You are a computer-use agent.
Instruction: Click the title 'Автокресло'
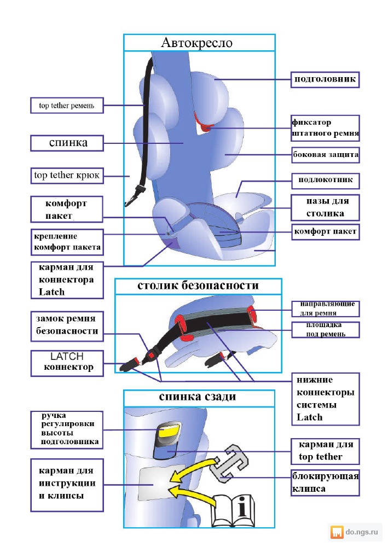[196, 43]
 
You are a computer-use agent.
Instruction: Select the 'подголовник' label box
[325, 79]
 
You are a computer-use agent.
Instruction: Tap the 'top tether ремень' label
[67, 106]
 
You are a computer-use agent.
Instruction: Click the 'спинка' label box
[67, 143]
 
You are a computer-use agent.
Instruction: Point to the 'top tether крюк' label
[67, 176]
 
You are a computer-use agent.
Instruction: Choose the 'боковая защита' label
[326, 155]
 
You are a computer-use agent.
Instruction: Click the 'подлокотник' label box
[325, 181]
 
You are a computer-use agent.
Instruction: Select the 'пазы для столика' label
[325, 207]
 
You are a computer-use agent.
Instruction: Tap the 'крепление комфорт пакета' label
[67, 242]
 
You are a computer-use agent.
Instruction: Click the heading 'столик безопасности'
[198, 286]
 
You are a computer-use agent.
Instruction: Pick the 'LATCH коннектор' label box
[67, 363]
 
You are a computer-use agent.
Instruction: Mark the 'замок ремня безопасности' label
[67, 326]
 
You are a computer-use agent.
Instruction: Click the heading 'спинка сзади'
[198, 397]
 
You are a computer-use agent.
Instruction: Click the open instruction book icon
[233, 510]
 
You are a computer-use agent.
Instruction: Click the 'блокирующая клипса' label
[326, 482]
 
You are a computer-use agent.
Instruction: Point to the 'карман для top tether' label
[325, 451]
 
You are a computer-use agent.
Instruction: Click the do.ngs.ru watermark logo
[355, 532]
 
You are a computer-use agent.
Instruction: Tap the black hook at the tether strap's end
[132, 196]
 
